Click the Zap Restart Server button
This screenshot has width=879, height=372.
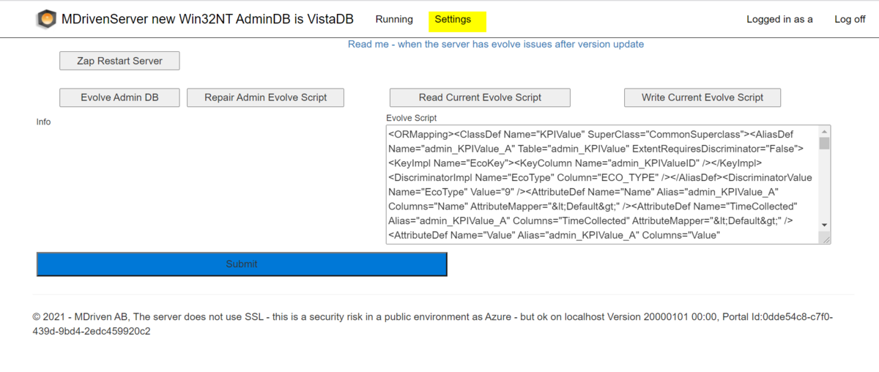pyautogui.click(x=119, y=61)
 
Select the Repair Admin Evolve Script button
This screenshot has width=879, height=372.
pyautogui.click(x=265, y=97)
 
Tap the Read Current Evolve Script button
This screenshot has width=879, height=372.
pyautogui.click(x=480, y=97)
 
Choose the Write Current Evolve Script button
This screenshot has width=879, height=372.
pyautogui.click(x=702, y=97)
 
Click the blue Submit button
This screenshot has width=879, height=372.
pyautogui.click(x=242, y=264)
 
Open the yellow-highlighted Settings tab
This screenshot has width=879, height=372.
pyautogui.click(x=457, y=21)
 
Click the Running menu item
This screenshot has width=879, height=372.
pyautogui.click(x=394, y=19)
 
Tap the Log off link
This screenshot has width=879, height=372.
pyautogui.click(x=850, y=19)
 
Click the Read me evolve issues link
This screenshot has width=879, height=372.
pyautogui.click(x=496, y=44)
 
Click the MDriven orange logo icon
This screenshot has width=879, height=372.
pyautogui.click(x=47, y=19)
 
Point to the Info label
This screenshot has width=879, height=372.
pyautogui.click(x=43, y=122)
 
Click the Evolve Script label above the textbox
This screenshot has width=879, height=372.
pyautogui.click(x=411, y=118)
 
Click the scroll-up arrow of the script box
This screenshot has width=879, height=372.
pyautogui.click(x=824, y=132)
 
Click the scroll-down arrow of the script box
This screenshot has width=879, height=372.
pyautogui.click(x=824, y=225)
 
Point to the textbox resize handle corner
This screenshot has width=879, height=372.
pyautogui.click(x=826, y=239)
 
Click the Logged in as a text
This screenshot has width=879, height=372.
pyautogui.click(x=779, y=19)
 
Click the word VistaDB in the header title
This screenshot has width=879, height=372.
pyautogui.click(x=330, y=19)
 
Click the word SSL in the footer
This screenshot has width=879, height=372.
pyautogui.click(x=254, y=316)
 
